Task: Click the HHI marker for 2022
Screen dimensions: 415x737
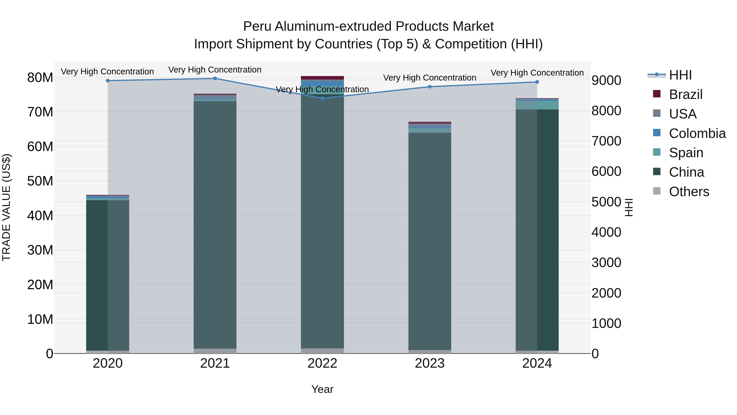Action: click(x=322, y=98)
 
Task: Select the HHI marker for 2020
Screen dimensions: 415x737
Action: click(x=108, y=81)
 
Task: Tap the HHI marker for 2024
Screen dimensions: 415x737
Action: click(x=537, y=82)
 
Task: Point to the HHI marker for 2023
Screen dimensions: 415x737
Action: click(x=430, y=87)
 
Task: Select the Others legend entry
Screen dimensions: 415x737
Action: click(x=689, y=192)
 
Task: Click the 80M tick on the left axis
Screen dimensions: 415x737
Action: click(x=40, y=78)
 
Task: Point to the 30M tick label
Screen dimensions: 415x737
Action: click(x=40, y=250)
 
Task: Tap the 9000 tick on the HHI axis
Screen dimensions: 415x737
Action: click(x=606, y=81)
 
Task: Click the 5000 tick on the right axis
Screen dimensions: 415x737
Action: click(x=606, y=202)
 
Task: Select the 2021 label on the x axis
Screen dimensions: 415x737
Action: click(x=215, y=363)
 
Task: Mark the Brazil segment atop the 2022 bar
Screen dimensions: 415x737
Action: click(x=322, y=78)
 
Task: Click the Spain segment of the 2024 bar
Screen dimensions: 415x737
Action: click(x=537, y=105)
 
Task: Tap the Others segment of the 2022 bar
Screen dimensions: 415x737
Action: click(x=322, y=351)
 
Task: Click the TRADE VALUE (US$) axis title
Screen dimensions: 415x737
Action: click(x=6, y=207)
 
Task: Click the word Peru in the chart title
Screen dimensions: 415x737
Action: click(x=257, y=26)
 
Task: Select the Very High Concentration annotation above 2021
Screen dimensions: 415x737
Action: click(x=215, y=70)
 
